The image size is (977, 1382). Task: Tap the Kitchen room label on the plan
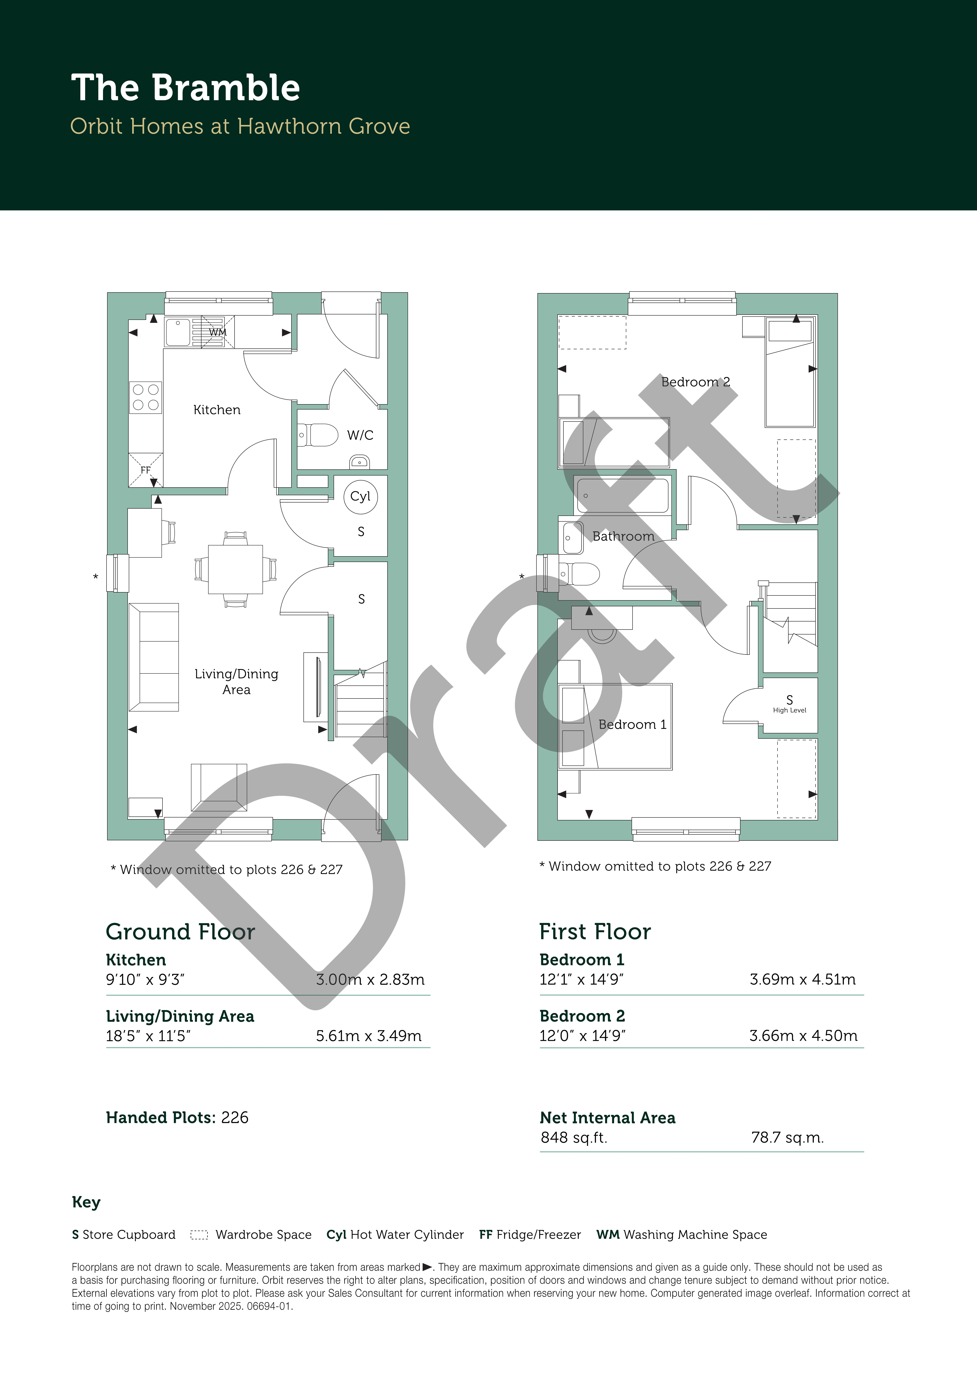(x=217, y=410)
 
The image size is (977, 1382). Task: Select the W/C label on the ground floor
(x=360, y=435)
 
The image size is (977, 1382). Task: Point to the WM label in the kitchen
(x=217, y=332)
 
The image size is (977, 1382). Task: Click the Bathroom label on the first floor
(x=623, y=536)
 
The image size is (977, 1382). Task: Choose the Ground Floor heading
(x=181, y=932)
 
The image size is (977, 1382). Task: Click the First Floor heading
(x=595, y=932)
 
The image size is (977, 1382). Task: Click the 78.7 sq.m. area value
(x=787, y=1138)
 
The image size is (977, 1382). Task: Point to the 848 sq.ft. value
(x=574, y=1138)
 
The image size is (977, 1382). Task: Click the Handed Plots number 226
(x=235, y=1118)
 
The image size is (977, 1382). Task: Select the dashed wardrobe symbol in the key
(x=199, y=1235)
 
